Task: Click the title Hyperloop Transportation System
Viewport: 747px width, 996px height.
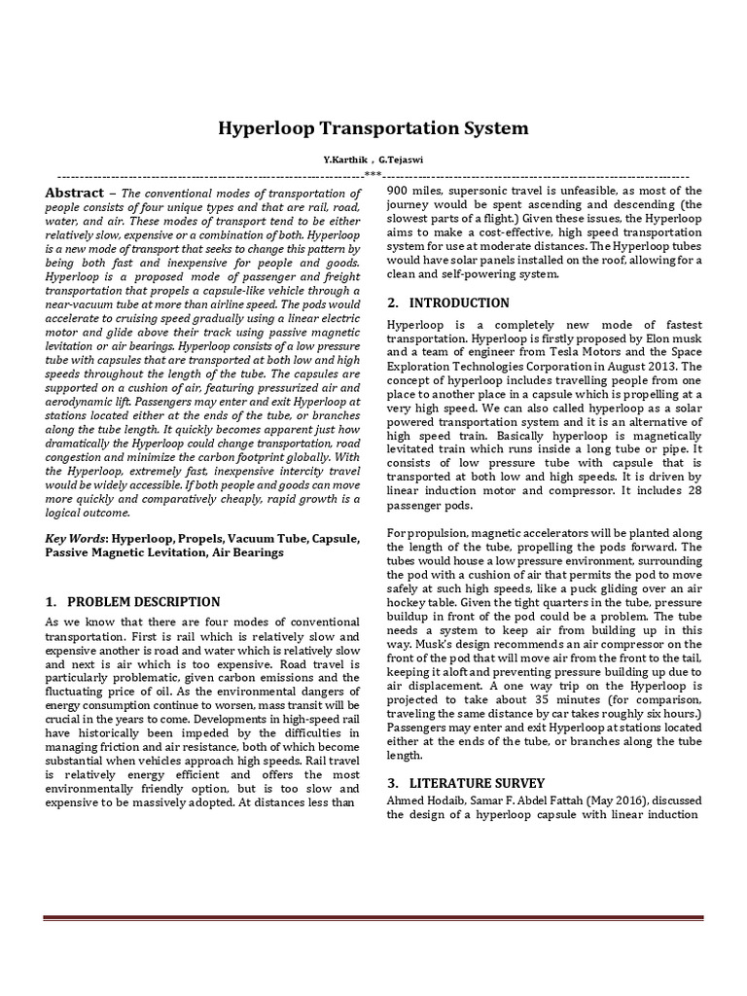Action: (x=373, y=127)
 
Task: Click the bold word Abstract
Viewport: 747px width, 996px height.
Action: (x=74, y=193)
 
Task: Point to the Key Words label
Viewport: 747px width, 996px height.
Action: (x=76, y=538)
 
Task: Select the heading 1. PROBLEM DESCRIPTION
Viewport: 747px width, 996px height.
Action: (x=132, y=602)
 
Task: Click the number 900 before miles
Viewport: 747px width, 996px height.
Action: (x=399, y=191)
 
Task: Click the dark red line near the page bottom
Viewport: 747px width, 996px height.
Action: (x=373, y=918)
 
